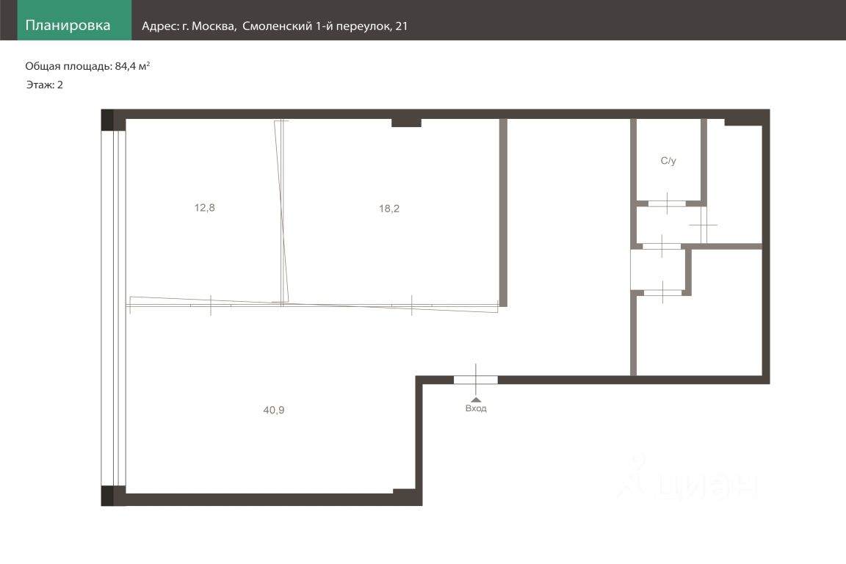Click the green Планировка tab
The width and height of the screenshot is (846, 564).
click(74, 20)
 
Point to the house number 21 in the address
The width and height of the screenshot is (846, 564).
click(402, 26)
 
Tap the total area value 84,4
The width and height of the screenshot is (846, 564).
click(125, 66)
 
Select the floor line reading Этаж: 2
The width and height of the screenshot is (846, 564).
click(45, 84)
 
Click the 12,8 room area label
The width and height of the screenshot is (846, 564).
click(204, 208)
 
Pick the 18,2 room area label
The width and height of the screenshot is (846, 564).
click(389, 209)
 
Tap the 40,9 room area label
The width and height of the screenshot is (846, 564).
click(273, 411)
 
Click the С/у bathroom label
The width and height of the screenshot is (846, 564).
click(668, 161)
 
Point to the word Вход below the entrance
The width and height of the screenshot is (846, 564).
click(476, 408)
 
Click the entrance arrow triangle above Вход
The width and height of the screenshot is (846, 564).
click(476, 400)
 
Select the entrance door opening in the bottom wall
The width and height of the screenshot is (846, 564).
click(475, 380)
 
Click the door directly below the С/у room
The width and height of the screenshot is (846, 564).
click(667, 204)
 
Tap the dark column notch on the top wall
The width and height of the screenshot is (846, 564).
click(406, 123)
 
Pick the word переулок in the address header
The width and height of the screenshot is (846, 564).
click(364, 26)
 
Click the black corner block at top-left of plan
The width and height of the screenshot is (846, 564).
click(107, 120)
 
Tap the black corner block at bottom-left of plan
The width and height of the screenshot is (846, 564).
click(107, 496)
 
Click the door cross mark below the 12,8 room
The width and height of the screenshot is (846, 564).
click(211, 305)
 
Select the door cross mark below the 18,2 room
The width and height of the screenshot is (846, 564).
click(412, 305)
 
